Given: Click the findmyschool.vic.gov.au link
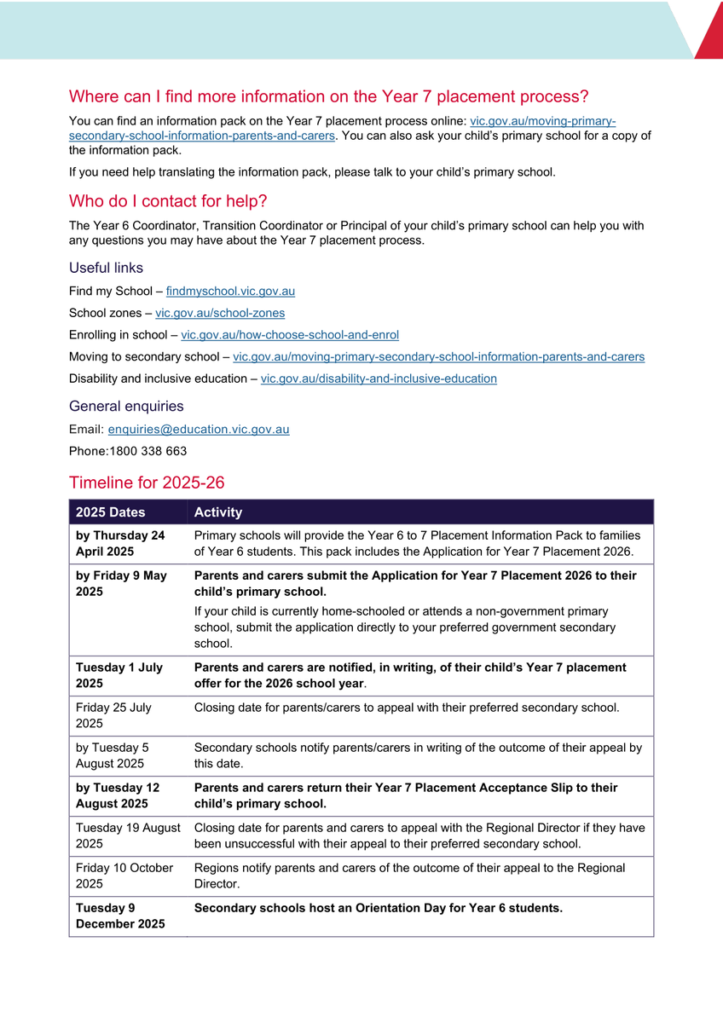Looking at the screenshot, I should (x=230, y=292).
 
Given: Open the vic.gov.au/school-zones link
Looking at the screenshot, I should (x=220, y=314).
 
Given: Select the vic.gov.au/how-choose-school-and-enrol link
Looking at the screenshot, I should (x=290, y=335).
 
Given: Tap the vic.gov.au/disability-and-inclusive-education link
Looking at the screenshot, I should (x=379, y=379).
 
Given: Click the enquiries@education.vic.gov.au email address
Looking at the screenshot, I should (x=199, y=430).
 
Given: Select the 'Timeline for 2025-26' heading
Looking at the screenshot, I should (x=147, y=483).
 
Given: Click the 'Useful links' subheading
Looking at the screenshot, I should (x=106, y=268).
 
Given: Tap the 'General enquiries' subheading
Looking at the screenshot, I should (x=126, y=407).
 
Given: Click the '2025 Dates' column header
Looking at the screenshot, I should (x=111, y=512).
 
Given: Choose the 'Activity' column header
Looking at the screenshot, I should (x=218, y=512).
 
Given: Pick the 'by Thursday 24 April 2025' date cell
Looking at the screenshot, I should (x=120, y=543).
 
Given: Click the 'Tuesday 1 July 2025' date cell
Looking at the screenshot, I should (x=119, y=675).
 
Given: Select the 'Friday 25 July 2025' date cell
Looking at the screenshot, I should (x=113, y=715).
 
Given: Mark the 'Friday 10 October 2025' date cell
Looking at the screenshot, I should (x=124, y=876).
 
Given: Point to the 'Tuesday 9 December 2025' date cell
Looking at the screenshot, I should (x=120, y=916).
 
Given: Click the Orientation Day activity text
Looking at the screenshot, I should (x=378, y=908).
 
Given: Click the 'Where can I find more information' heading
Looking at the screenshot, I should (x=328, y=96).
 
